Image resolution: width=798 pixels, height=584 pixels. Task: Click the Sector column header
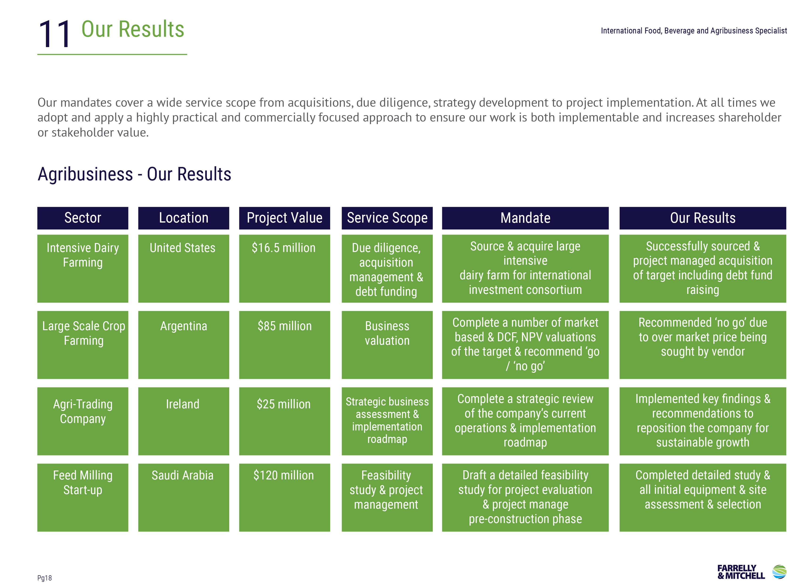(83, 218)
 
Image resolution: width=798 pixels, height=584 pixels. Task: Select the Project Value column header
(284, 218)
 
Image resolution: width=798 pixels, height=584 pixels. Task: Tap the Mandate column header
(525, 218)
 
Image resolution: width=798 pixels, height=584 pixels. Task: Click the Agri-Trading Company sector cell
(83, 421)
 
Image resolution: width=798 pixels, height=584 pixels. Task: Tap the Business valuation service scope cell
(387, 345)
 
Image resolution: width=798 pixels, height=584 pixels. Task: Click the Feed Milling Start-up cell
(83, 497)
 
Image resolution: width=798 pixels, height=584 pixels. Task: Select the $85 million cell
(284, 345)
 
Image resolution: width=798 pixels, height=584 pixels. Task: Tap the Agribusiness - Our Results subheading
(134, 174)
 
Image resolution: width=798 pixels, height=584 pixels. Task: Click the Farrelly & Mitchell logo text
(741, 572)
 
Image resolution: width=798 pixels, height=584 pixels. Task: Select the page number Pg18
(44, 578)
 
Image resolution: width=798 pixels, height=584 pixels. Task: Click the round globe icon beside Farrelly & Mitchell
(779, 572)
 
